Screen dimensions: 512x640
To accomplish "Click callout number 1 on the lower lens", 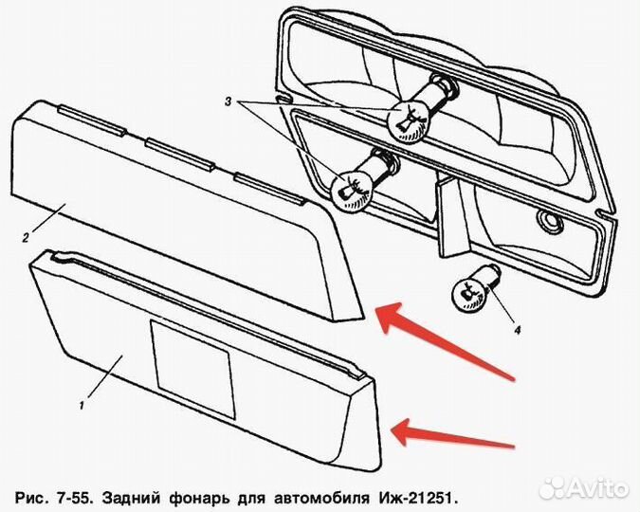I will click(82, 405).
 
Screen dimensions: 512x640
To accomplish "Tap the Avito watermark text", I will click(597, 489).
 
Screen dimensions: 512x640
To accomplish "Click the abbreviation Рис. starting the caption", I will click(31, 497).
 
